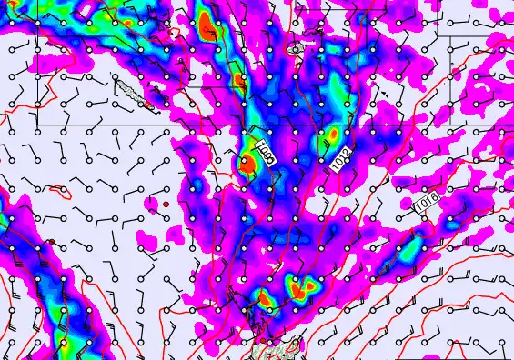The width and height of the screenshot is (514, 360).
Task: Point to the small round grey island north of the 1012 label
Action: tap(296, 46)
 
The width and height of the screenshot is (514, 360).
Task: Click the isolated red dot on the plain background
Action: tap(166, 204)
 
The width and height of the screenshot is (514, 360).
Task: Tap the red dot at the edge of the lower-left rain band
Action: tap(52, 242)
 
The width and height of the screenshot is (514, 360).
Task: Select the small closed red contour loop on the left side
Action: tap(60, 192)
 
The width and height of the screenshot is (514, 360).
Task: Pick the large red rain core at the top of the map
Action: tap(208, 25)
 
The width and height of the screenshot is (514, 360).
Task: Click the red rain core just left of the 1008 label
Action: tap(246, 164)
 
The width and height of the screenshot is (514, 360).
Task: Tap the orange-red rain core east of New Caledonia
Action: tap(239, 80)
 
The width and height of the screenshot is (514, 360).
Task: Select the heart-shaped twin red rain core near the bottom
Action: tap(306, 287)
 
